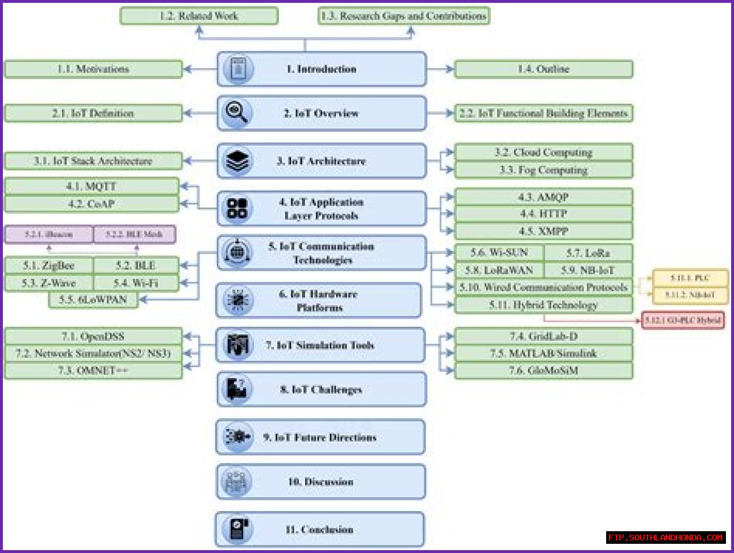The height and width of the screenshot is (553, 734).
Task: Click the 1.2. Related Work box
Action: pyautogui.click(x=198, y=16)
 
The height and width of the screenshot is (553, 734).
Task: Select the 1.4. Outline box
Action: pyautogui.click(x=543, y=69)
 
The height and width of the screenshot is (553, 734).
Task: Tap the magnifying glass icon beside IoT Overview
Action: pyautogui.click(x=236, y=112)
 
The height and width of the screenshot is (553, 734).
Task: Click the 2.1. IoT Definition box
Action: pyautogui.click(x=93, y=114)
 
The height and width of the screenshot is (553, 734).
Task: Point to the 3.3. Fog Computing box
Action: pyautogui.click(x=543, y=170)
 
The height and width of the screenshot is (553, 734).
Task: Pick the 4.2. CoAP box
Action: pyautogui.click(x=91, y=204)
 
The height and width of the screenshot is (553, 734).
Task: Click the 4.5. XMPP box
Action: pyautogui.click(x=543, y=232)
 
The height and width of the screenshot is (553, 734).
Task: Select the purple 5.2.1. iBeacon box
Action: pyautogui.click(x=49, y=235)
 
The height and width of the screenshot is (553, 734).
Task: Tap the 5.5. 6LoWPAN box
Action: pyautogui.click(x=93, y=299)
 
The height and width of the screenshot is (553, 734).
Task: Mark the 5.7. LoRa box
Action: pyautogui.click(x=588, y=253)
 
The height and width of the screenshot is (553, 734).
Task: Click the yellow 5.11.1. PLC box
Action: pyautogui.click(x=690, y=278)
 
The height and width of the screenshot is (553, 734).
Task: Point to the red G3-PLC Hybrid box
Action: pyautogui.click(x=682, y=320)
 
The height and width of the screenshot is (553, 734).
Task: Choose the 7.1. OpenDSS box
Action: pyautogui.click(x=93, y=336)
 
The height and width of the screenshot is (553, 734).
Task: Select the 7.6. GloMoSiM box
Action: pyautogui.click(x=543, y=371)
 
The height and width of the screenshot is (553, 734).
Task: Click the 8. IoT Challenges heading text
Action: pyautogui.click(x=321, y=390)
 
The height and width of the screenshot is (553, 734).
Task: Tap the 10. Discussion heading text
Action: pyautogui.click(x=321, y=482)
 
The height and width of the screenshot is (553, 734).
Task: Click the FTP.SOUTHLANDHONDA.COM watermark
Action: pyautogui.click(x=665, y=538)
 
